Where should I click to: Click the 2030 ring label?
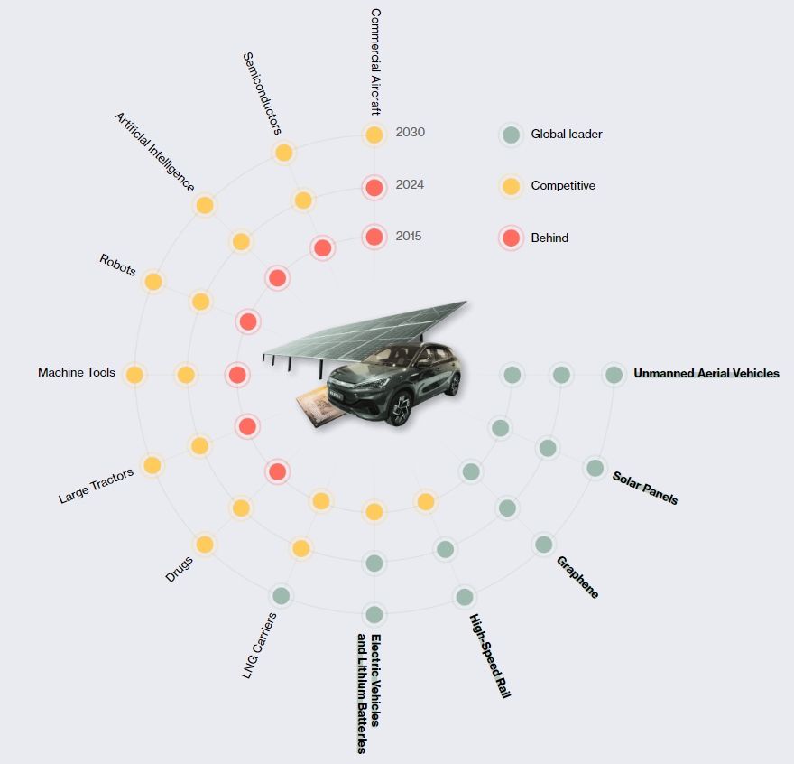click(411, 133)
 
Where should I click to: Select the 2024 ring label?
click(410, 184)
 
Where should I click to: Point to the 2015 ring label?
click(409, 237)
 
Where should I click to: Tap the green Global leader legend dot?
click(511, 135)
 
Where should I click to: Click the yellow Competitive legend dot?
click(511, 186)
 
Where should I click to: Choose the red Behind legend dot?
click(511, 238)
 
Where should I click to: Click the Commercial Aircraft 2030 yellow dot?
click(374, 135)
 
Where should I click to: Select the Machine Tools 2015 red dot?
click(237, 375)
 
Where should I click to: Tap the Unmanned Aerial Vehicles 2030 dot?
click(614, 375)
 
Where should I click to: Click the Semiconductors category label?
click(263, 93)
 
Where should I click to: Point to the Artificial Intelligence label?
click(154, 152)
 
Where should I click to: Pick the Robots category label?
click(117, 265)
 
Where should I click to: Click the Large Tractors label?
click(96, 486)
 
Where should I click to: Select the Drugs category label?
click(180, 569)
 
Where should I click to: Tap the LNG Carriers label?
click(259, 646)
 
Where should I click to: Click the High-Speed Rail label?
click(490, 656)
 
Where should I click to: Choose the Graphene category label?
click(577, 577)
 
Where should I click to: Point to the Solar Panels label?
click(645, 488)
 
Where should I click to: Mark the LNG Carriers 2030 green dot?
click(281, 596)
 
